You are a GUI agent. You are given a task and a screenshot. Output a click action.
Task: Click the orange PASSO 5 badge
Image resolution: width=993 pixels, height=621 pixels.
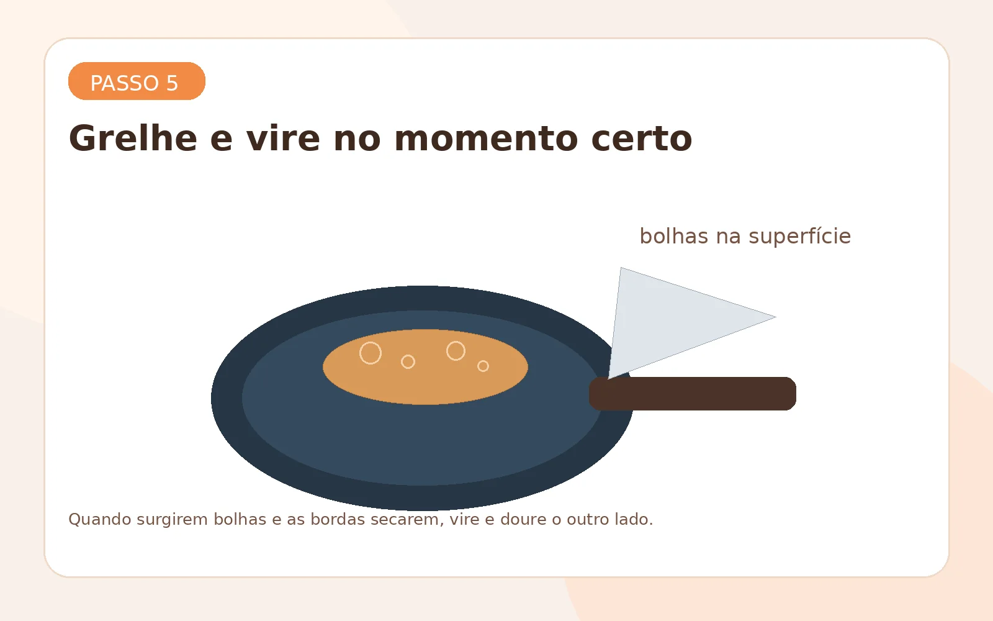pos(137,81)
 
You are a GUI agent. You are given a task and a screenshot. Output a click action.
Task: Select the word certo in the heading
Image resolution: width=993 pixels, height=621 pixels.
pos(641,138)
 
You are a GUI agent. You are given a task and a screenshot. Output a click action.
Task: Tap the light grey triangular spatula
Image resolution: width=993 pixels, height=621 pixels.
pos(670,320)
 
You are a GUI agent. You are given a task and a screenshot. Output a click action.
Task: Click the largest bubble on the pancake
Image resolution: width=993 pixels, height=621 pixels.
pos(371,353)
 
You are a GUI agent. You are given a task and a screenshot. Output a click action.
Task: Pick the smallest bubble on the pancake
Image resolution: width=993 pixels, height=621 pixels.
pos(483,366)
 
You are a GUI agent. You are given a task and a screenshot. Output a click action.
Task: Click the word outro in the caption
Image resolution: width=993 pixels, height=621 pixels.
pos(585,519)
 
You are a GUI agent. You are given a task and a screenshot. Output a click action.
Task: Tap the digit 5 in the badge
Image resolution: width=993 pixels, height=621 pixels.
pos(172,83)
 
